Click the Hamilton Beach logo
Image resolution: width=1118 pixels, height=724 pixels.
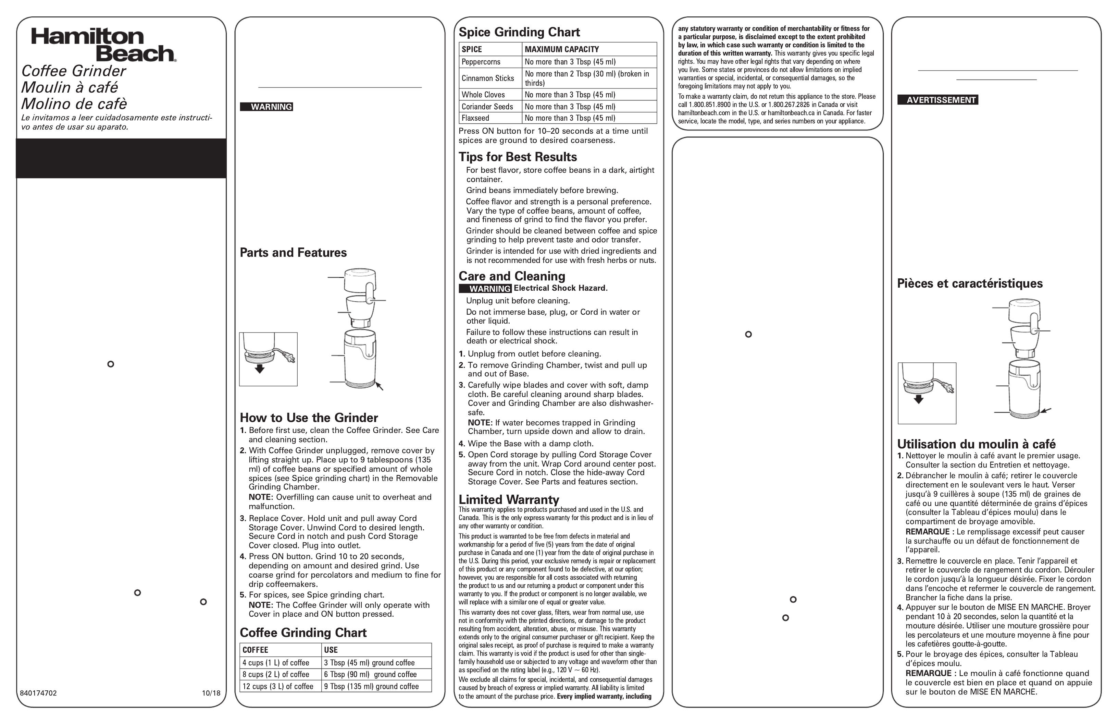(x=104, y=45)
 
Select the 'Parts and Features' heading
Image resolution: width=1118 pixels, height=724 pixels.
(x=293, y=252)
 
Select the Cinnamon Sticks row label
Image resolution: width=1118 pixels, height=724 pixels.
(x=488, y=78)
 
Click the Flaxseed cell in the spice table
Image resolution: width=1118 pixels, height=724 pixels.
(x=475, y=118)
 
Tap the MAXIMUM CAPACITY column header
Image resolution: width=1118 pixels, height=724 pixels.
(x=562, y=49)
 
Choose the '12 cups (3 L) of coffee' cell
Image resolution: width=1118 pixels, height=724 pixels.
(x=278, y=686)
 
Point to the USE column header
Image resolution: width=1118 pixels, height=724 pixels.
(x=331, y=650)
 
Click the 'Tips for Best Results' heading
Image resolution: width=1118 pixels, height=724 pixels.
(x=518, y=157)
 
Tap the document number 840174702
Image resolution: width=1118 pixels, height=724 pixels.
(x=38, y=693)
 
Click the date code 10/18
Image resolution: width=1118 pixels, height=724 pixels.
(x=211, y=693)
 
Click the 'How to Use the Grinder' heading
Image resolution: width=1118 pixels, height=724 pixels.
(x=309, y=418)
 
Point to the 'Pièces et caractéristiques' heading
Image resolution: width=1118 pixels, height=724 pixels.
(x=970, y=283)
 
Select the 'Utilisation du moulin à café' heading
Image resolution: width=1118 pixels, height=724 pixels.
(x=976, y=444)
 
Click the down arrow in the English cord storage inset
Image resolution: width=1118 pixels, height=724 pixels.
(x=259, y=370)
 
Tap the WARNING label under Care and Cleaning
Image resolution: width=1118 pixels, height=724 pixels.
(x=485, y=289)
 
